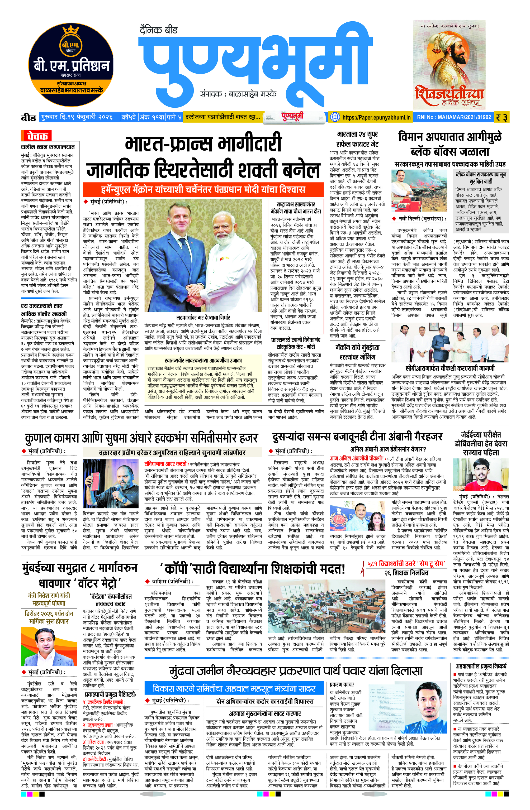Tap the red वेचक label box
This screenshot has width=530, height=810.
click(x=36, y=136)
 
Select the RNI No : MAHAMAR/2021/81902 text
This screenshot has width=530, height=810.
click(x=454, y=117)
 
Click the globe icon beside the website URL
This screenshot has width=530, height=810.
click(x=335, y=117)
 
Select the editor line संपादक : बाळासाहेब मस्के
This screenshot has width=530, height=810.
click(x=238, y=94)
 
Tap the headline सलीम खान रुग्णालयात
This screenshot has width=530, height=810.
click(x=48, y=147)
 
